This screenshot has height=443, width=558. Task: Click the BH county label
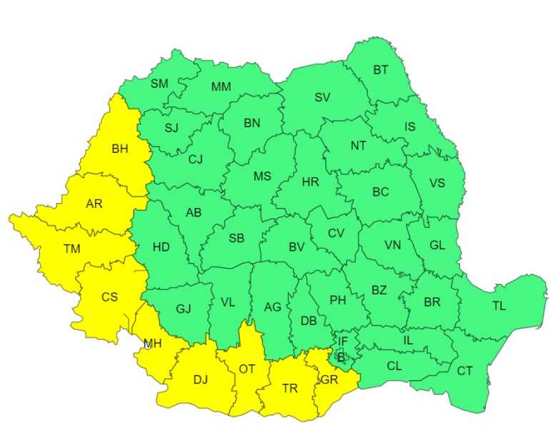coord(119,149)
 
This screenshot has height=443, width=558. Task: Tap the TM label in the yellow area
coord(71,249)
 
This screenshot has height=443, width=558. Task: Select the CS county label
coord(109,297)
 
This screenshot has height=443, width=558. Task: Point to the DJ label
coord(200,379)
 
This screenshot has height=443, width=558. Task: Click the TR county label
coord(289,388)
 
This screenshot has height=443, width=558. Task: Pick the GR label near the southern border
coord(329,379)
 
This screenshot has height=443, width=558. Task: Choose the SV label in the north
coord(322,98)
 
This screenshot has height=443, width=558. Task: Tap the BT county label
coord(381,70)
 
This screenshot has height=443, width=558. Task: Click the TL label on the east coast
coord(499,306)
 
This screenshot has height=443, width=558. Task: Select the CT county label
coord(464,370)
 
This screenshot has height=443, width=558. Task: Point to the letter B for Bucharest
coord(341,357)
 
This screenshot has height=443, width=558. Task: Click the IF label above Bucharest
coord(343,342)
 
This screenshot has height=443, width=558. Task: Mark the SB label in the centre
coord(236,239)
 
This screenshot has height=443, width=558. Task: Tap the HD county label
coord(161,247)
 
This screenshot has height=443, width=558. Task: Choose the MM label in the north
coord(221,87)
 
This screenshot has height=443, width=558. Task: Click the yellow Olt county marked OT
coord(246,369)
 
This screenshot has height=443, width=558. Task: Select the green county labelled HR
coord(310,182)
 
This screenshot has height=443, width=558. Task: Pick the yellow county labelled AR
coord(94,204)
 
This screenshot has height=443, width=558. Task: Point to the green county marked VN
coord(393,245)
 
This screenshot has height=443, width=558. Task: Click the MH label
coord(152,344)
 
